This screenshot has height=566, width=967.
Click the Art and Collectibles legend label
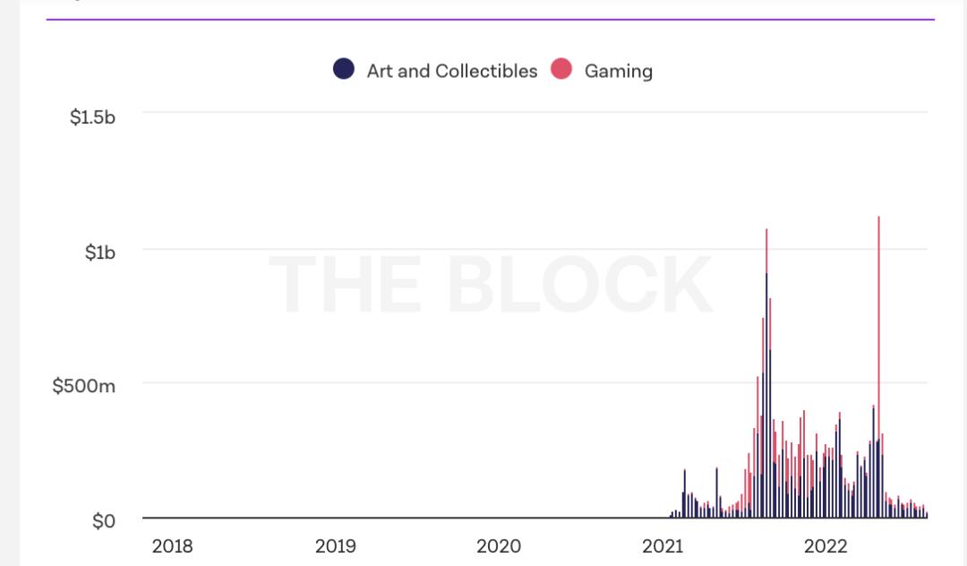pyautogui.click(x=451, y=71)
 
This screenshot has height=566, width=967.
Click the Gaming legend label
pyautogui.click(x=618, y=71)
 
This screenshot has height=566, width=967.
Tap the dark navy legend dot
pyautogui.click(x=344, y=69)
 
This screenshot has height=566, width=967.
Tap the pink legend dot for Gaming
pyautogui.click(x=561, y=69)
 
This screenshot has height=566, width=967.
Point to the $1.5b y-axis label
pyautogui.click(x=92, y=117)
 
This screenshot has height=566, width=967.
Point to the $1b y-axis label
pyautogui.click(x=100, y=253)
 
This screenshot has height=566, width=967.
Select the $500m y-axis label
pyautogui.click(x=83, y=386)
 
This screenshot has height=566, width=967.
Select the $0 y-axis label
pyautogui.click(x=104, y=521)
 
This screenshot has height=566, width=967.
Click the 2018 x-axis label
pyautogui.click(x=172, y=546)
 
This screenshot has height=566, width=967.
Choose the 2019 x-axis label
pyautogui.click(x=336, y=546)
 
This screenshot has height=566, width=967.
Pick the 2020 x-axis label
pyautogui.click(x=499, y=546)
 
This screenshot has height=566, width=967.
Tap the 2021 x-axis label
pyautogui.click(x=663, y=546)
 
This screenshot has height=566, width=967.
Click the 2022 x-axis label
pyautogui.click(x=826, y=546)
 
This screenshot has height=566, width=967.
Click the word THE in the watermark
pyautogui.click(x=345, y=285)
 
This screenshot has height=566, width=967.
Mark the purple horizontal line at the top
pyautogui.click(x=490, y=19)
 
